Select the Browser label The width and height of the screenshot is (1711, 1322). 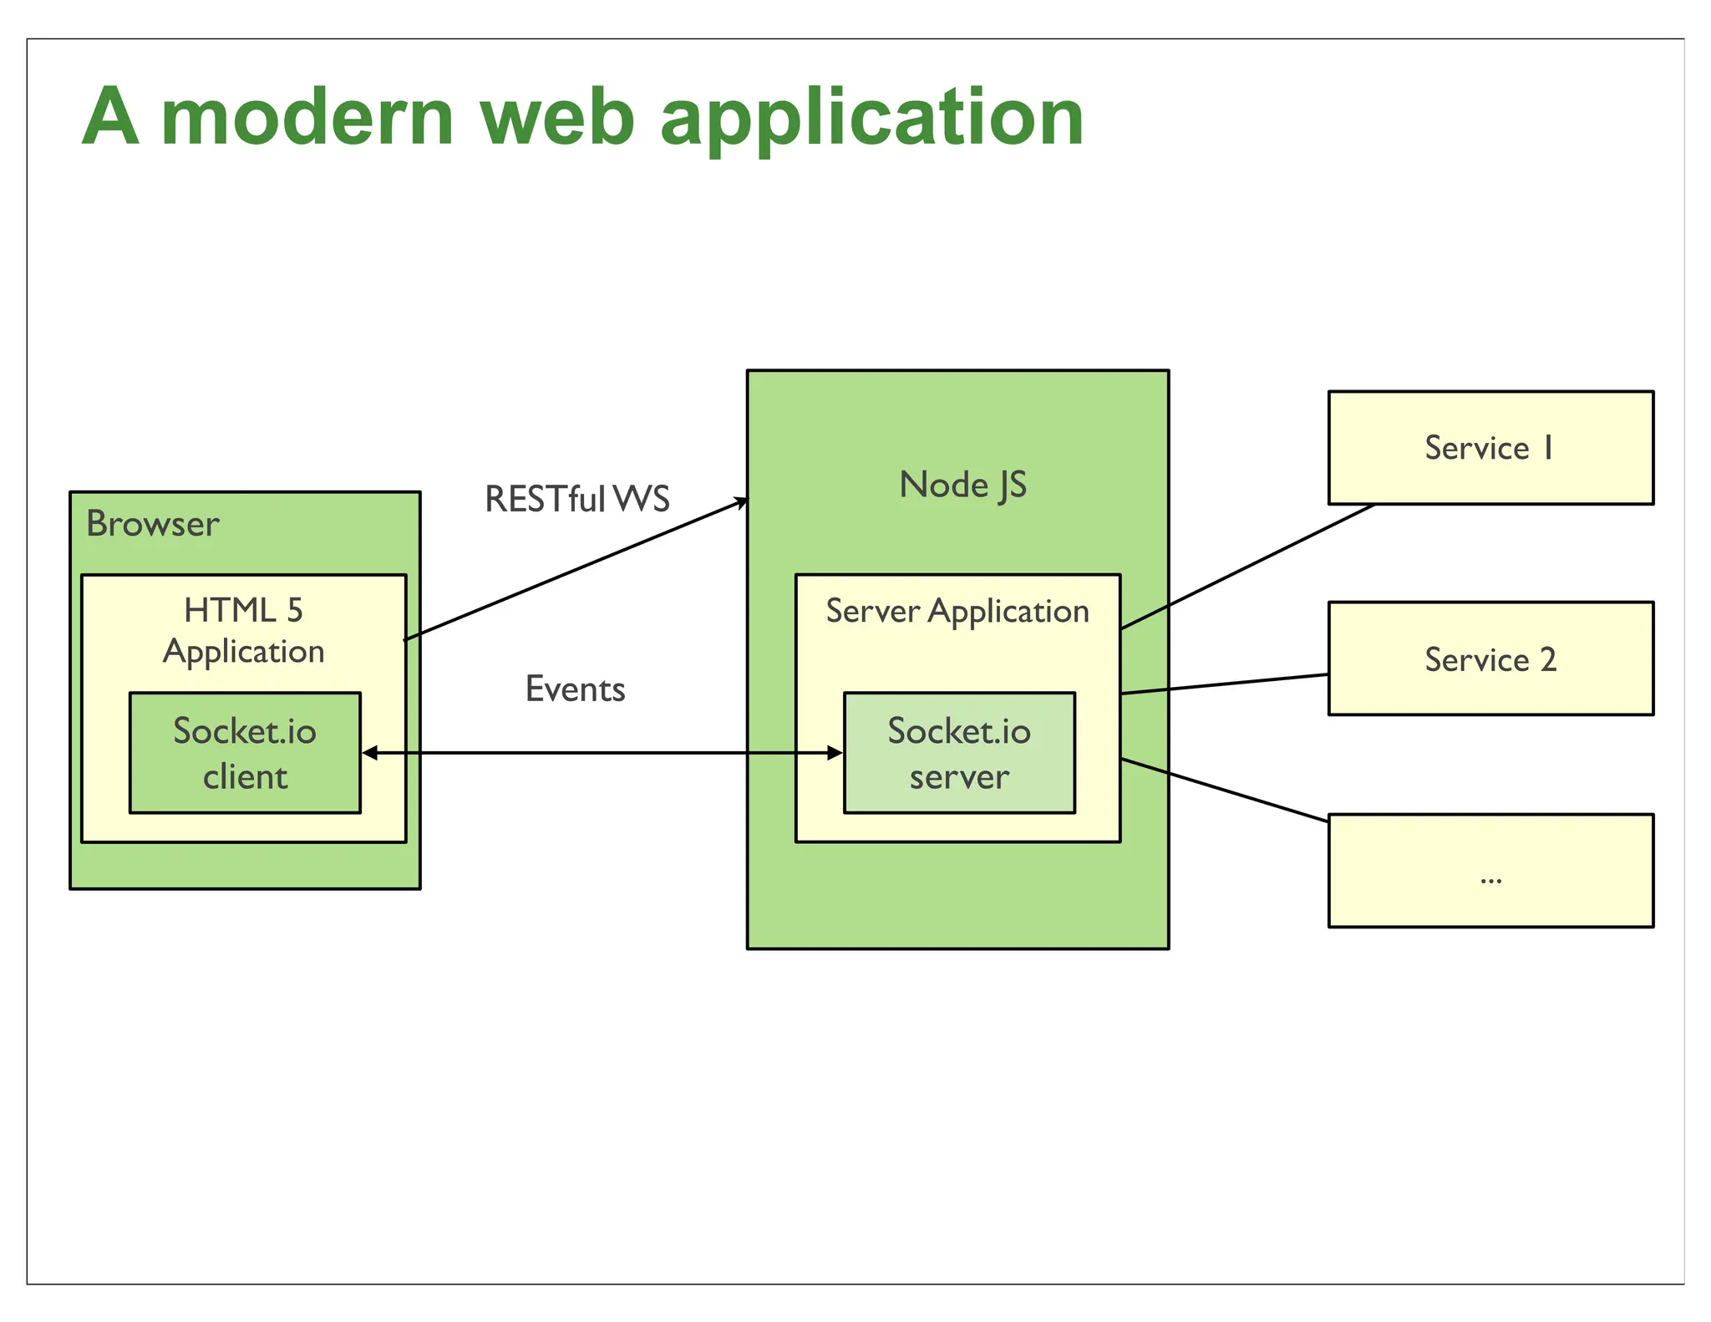153,524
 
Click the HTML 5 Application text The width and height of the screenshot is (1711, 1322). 244,631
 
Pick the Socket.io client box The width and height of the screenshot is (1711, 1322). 245,753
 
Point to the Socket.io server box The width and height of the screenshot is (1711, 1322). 959,753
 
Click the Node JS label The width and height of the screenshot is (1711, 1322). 962,485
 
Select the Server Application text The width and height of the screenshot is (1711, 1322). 957,611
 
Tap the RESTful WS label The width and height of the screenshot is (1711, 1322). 577,499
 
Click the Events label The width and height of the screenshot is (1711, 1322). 575,689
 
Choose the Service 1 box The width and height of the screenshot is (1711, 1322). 1490,448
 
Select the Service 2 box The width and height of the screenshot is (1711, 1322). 1490,659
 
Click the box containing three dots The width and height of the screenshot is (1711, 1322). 1490,871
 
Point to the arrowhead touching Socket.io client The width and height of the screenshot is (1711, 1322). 370,753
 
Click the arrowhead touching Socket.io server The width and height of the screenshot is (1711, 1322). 835,753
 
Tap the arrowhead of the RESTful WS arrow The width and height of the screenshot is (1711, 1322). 741,502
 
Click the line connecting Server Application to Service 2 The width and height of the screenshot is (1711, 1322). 1224,684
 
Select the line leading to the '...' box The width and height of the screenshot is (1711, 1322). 1224,791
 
